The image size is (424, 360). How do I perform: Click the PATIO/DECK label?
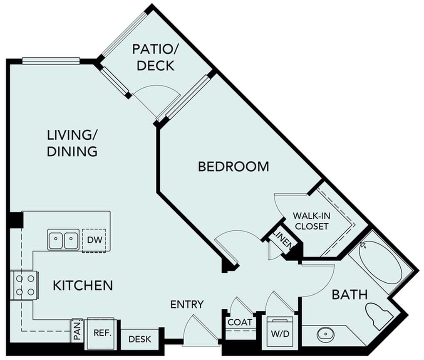point(154,57)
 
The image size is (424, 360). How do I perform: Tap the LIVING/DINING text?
point(72,143)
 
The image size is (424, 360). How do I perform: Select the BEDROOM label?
point(233,167)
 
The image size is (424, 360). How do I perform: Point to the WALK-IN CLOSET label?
point(311,221)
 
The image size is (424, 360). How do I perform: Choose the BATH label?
point(350,295)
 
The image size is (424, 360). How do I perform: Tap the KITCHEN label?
point(83,286)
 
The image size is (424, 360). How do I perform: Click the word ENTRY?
point(187,304)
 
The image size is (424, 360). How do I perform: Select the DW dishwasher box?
point(94,239)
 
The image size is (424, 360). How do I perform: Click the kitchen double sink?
point(63,239)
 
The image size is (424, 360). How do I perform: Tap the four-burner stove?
point(25,285)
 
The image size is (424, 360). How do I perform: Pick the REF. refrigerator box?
point(102,333)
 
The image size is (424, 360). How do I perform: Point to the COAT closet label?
point(240,322)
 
